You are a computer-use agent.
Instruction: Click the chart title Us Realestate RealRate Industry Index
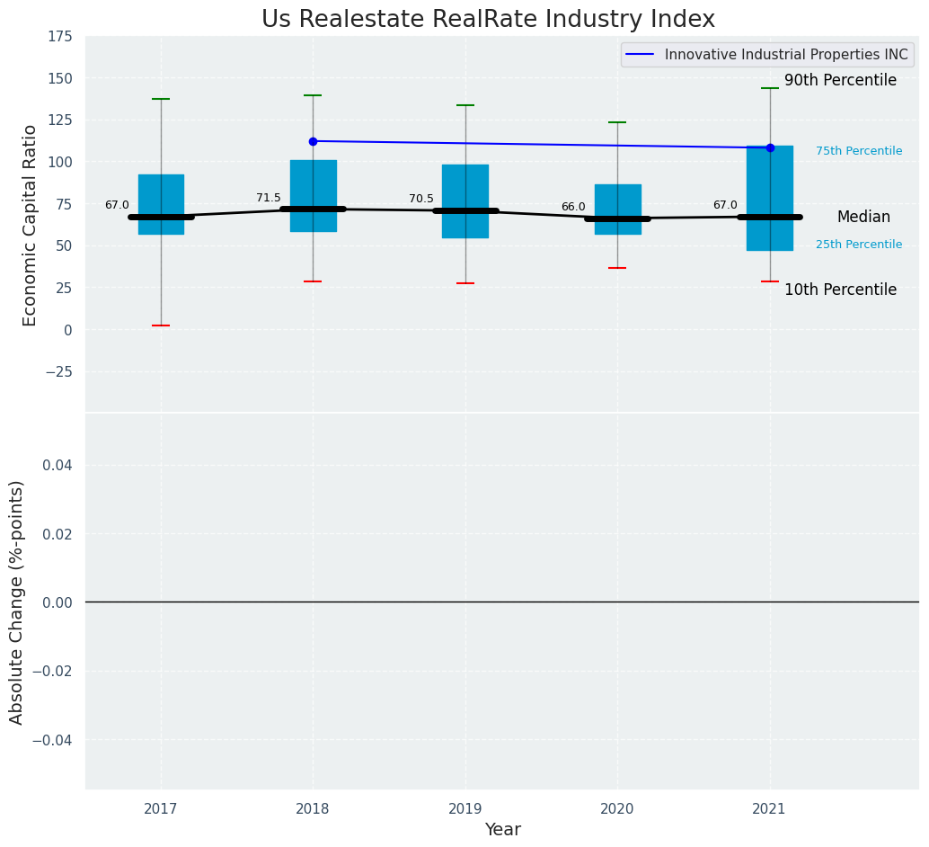488,20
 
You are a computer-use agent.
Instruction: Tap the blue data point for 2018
313,141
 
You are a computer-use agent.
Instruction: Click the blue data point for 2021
770,147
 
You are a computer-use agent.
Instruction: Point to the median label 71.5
269,198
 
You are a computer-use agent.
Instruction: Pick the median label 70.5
421,199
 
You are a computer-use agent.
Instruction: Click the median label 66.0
573,207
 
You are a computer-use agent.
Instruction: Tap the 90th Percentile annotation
840,81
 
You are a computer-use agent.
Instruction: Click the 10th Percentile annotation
840,290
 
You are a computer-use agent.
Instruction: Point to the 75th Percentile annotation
859,151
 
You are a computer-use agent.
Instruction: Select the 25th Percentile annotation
859,245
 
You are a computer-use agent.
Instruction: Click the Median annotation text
863,218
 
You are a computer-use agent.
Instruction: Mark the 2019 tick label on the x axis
465,809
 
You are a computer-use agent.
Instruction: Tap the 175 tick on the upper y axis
61,37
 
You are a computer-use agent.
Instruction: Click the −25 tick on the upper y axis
58,371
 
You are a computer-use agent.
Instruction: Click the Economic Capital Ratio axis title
31,225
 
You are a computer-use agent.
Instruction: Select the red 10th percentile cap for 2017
161,325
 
